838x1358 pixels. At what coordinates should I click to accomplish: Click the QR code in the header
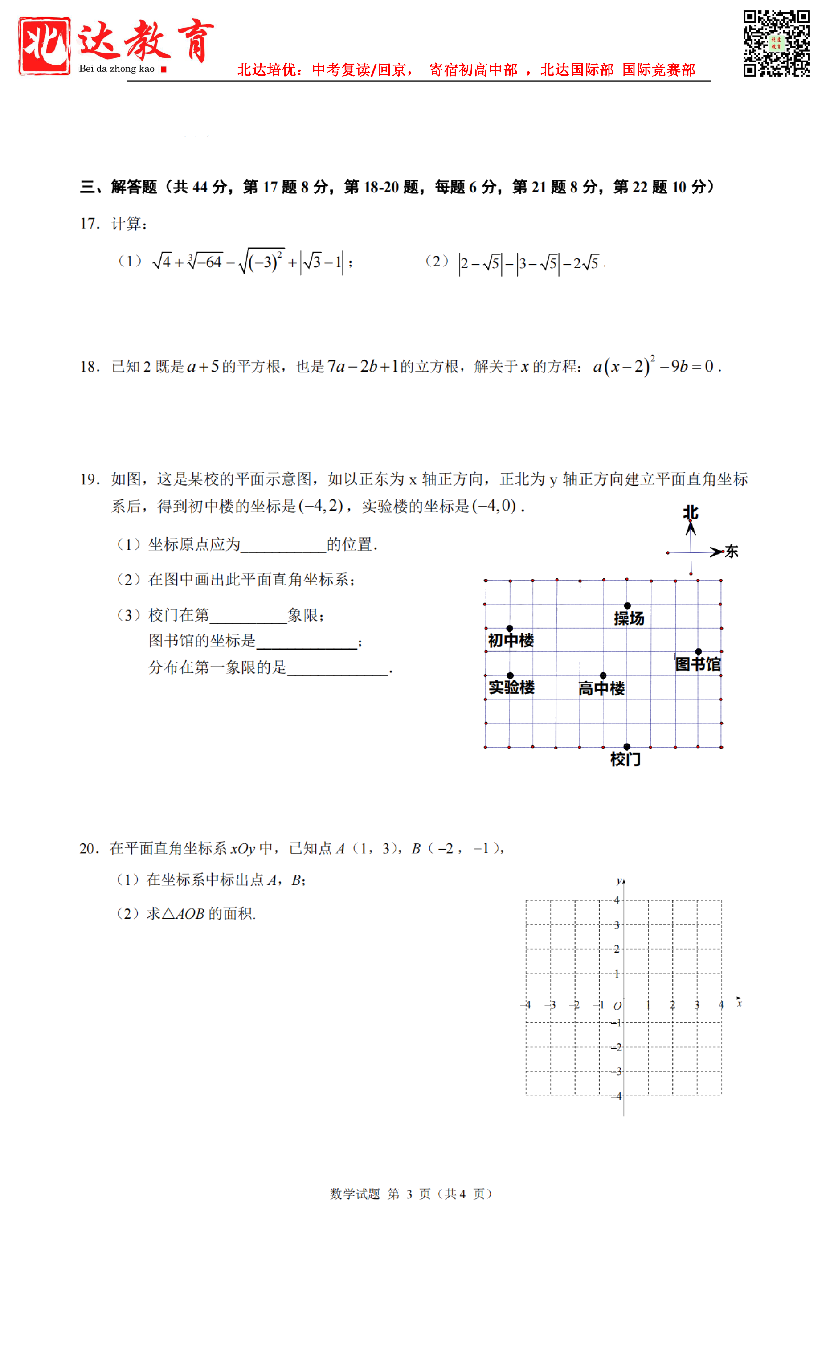click(776, 43)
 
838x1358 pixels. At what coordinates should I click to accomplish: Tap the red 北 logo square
click(45, 45)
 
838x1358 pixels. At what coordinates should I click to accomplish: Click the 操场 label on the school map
click(629, 618)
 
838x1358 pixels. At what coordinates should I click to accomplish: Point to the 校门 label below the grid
click(625, 759)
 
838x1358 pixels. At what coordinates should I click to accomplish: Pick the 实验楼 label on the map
click(511, 687)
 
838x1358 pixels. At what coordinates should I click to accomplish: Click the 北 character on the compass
click(691, 513)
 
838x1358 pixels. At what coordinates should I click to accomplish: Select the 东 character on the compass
click(732, 552)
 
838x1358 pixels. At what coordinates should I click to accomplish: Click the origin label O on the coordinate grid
click(617, 1006)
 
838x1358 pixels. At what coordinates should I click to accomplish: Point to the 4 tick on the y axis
click(616, 900)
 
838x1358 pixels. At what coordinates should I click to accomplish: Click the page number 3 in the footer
click(409, 1194)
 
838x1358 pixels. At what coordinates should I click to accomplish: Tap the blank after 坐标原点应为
click(283, 545)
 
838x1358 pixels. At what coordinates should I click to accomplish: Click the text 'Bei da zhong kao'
click(116, 69)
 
